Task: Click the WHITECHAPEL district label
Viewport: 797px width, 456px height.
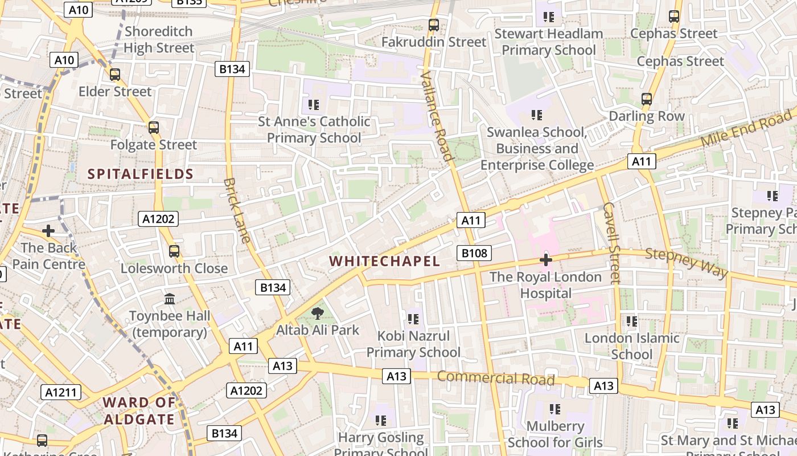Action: tap(385, 262)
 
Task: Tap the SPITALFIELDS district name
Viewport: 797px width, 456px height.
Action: tap(140, 174)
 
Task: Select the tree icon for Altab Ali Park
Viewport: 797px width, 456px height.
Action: tap(318, 313)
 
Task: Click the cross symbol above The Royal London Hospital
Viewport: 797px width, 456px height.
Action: tap(545, 260)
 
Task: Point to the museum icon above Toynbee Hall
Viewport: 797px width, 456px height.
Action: tap(170, 299)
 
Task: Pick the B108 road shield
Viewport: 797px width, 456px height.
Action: tap(474, 253)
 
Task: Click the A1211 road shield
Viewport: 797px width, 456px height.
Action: tap(61, 392)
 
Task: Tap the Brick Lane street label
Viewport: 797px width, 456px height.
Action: tap(237, 210)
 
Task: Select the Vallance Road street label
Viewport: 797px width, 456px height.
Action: tap(437, 116)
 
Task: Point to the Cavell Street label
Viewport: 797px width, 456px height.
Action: tap(610, 242)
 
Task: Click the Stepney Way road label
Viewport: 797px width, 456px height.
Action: tap(687, 263)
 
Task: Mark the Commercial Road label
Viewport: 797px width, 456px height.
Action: tap(495, 378)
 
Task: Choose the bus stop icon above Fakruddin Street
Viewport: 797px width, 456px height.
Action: tap(434, 25)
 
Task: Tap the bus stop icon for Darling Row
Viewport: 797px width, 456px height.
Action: tap(647, 99)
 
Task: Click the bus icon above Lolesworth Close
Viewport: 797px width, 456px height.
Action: tap(174, 251)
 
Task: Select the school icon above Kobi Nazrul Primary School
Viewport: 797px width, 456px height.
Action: tap(413, 319)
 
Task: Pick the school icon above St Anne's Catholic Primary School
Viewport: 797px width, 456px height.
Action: tap(313, 104)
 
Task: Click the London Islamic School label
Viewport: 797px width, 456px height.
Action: tap(632, 346)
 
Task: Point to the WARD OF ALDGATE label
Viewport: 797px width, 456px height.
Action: tap(139, 411)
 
